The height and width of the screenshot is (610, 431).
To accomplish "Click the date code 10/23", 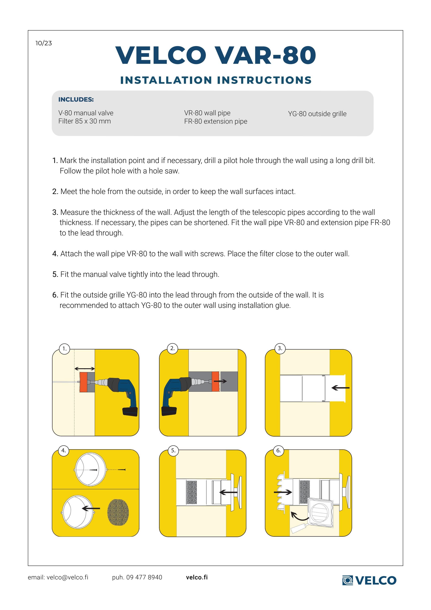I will [44, 43].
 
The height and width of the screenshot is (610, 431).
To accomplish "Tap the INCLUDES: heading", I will [76, 99].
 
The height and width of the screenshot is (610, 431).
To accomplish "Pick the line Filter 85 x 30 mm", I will [84, 121].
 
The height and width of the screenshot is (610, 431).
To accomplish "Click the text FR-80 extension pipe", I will [216, 121].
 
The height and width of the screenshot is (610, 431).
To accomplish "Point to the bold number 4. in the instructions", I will [55, 254].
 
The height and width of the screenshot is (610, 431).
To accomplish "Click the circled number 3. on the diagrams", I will [280, 348].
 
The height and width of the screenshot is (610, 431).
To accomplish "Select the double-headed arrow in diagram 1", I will [84, 368].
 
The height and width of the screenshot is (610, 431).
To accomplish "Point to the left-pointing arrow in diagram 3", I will [341, 388].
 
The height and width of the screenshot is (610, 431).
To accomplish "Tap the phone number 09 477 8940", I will [144, 577].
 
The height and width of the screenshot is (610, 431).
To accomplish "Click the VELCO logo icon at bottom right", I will [347, 580].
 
